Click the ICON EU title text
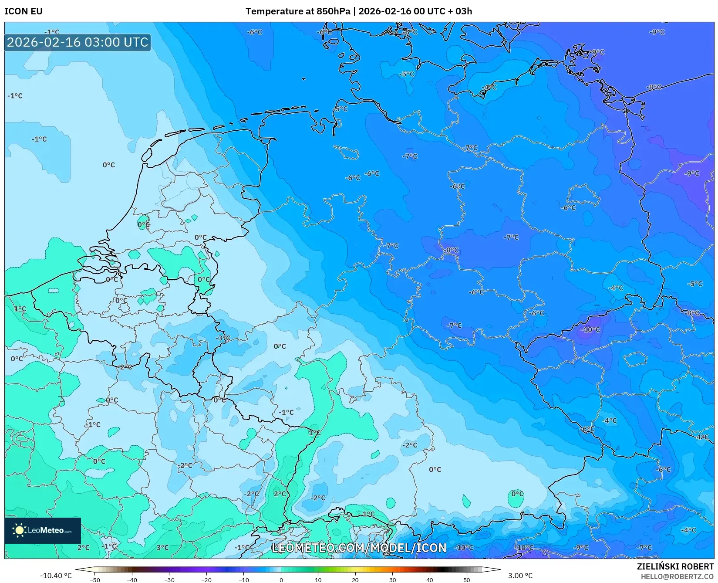pos(24,11)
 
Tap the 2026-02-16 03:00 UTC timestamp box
pos(78,42)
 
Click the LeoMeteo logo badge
pos(43,530)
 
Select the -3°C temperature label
pos(222,338)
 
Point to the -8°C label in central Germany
pos(452,250)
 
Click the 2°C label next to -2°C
pos(280,494)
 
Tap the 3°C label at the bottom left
pos(162,547)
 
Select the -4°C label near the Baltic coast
pos(489,87)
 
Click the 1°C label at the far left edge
pos(20,308)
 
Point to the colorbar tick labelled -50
pos(94,580)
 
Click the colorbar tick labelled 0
pos(281,580)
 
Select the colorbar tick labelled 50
pos(467,580)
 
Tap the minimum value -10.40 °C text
pos(56,576)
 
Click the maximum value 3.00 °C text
pos(520,576)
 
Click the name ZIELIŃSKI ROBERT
pos(675,567)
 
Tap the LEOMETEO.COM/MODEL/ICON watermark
pos(359,548)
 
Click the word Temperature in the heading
pos(274,11)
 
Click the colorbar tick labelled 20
pos(355,580)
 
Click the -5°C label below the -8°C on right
pos(695,284)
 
